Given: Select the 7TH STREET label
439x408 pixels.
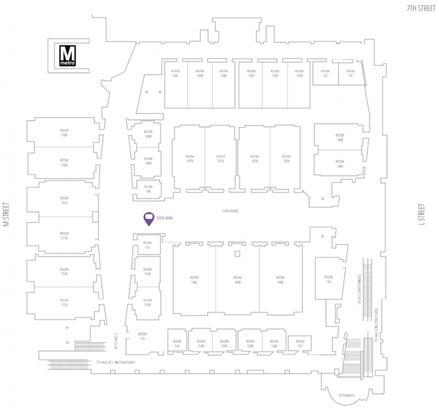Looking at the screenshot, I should [x=419, y=8].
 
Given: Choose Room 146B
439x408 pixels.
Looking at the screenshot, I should [x=237, y=280].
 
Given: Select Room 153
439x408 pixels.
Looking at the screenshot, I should [x=147, y=245].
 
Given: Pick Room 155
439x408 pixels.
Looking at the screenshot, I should [x=142, y=336].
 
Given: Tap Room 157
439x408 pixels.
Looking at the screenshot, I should [x=300, y=344].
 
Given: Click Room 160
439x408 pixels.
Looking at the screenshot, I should [x=177, y=344].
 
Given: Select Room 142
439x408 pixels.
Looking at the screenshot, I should [x=325, y=74].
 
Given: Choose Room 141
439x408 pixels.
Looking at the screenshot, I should [x=350, y=74].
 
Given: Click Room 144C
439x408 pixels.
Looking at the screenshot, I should [x=176, y=74].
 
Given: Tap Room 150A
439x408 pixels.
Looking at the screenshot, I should [x=64, y=133].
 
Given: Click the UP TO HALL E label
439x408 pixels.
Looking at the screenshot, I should [x=116, y=341].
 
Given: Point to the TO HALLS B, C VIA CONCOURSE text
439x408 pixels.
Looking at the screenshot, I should [x=115, y=362].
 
